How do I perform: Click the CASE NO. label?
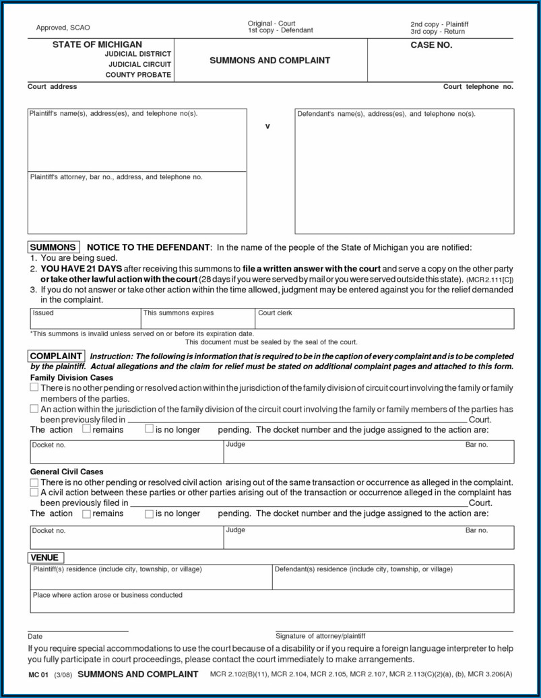[431, 45]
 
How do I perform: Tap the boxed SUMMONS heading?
[53, 247]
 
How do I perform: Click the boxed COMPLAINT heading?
[57, 356]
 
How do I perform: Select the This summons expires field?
[197, 319]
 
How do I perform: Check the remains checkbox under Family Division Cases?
[86, 429]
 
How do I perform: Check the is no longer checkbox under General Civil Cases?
[149, 514]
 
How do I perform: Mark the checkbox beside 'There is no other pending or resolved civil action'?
[34, 483]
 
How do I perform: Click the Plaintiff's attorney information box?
[137, 202]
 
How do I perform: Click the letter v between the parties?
[267, 126]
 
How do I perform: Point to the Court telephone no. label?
[478, 87]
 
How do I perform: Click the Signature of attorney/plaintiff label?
[320, 636]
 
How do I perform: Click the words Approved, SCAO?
[63, 28]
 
